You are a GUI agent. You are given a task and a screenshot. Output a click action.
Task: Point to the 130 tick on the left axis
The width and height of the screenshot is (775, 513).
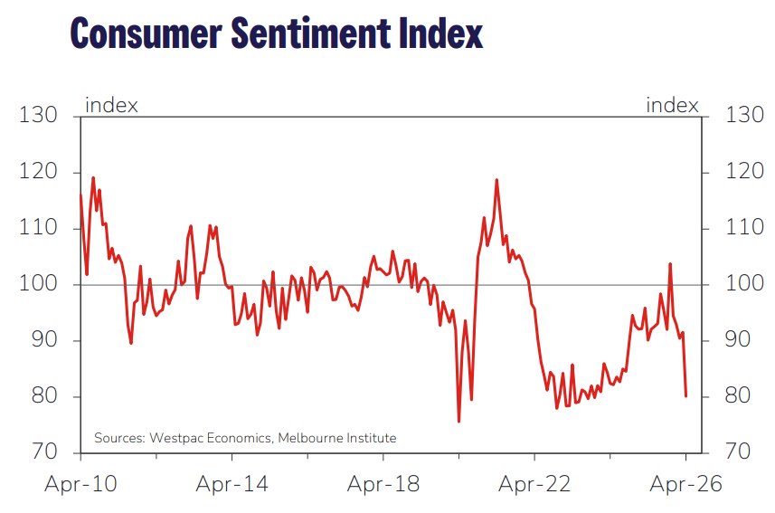point(39,116)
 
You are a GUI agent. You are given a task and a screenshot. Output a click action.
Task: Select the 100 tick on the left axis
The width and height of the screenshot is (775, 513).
point(39,284)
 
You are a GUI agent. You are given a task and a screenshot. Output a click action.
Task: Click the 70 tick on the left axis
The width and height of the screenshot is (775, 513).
point(43,452)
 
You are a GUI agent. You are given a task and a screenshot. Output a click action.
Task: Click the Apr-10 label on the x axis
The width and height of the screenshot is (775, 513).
point(80,485)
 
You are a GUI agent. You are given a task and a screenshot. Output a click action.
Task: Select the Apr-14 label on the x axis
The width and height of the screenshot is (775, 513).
point(232,485)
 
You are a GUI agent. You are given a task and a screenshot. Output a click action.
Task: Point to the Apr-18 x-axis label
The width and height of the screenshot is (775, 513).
point(383,485)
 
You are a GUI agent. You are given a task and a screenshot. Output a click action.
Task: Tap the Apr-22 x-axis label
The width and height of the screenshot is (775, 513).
point(534,485)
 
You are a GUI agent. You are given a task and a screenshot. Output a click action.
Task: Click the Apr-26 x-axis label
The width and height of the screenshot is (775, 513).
point(685,485)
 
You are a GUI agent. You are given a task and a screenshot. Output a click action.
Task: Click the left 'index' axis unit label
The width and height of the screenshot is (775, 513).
point(111,105)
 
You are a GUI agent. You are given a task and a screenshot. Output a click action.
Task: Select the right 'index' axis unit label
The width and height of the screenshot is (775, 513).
point(672,105)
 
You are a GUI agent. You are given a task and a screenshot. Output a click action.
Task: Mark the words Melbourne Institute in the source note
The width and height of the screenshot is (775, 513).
point(337,438)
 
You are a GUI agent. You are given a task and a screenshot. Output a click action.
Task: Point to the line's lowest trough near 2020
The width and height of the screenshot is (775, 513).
point(458,422)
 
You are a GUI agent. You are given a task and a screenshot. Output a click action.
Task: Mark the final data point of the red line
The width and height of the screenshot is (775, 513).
point(685,396)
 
